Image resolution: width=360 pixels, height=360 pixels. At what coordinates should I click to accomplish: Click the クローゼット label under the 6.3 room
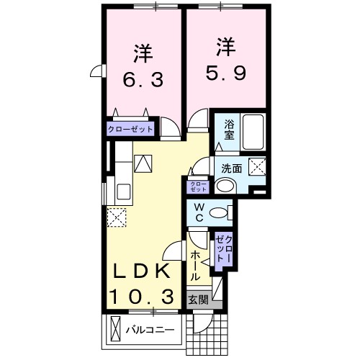tap(131, 130)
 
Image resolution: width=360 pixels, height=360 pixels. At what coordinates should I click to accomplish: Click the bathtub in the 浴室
tap(253, 131)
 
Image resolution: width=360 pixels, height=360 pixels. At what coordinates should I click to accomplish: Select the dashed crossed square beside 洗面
tap(257, 167)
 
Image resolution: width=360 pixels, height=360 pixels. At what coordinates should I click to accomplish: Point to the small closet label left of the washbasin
tap(197, 186)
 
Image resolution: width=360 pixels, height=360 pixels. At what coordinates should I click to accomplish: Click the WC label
tap(199, 214)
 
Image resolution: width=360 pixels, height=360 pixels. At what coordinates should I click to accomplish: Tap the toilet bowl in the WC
tap(225, 212)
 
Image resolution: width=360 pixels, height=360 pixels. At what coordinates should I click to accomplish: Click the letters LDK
tap(142, 272)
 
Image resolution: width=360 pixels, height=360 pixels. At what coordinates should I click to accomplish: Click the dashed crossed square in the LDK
tap(116, 217)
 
